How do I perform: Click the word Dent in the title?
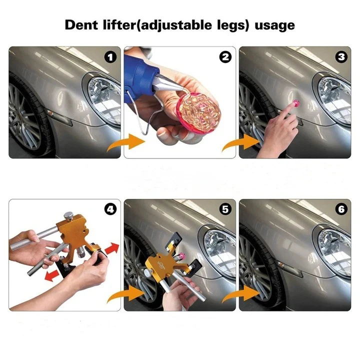point(81,25)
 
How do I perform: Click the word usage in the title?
point(274,25)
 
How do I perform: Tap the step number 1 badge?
point(110,57)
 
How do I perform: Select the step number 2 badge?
point(225,57)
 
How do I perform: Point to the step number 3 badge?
point(341,57)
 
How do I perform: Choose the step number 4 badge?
point(110,209)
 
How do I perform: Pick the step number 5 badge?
point(225,209)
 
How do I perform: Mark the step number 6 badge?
point(341,209)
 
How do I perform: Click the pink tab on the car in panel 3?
point(295,103)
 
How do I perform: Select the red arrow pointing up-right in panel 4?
point(112,248)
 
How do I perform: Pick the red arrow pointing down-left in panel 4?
point(52,275)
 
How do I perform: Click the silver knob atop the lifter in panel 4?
point(68,216)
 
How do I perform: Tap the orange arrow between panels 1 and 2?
point(126,142)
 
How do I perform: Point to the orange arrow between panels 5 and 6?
point(241,294)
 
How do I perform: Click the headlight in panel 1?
point(105,100)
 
